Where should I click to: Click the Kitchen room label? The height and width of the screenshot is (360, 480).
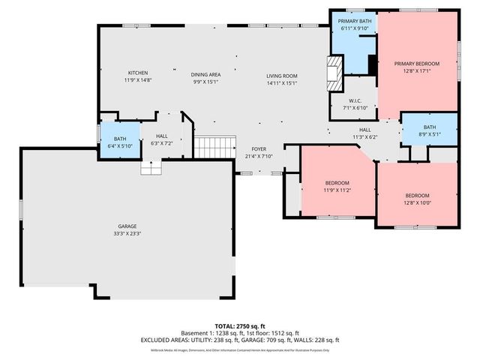tap(136, 72)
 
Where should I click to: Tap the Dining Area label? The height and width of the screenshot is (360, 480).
tap(205, 74)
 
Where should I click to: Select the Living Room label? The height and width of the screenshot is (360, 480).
tap(282, 76)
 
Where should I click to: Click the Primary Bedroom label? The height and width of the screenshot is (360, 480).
tap(417, 64)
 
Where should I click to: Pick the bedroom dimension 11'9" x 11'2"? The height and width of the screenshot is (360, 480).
tap(337, 190)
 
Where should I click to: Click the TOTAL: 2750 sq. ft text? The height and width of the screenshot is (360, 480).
tap(241, 325)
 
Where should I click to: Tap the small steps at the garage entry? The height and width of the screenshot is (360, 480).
tap(151, 169)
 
